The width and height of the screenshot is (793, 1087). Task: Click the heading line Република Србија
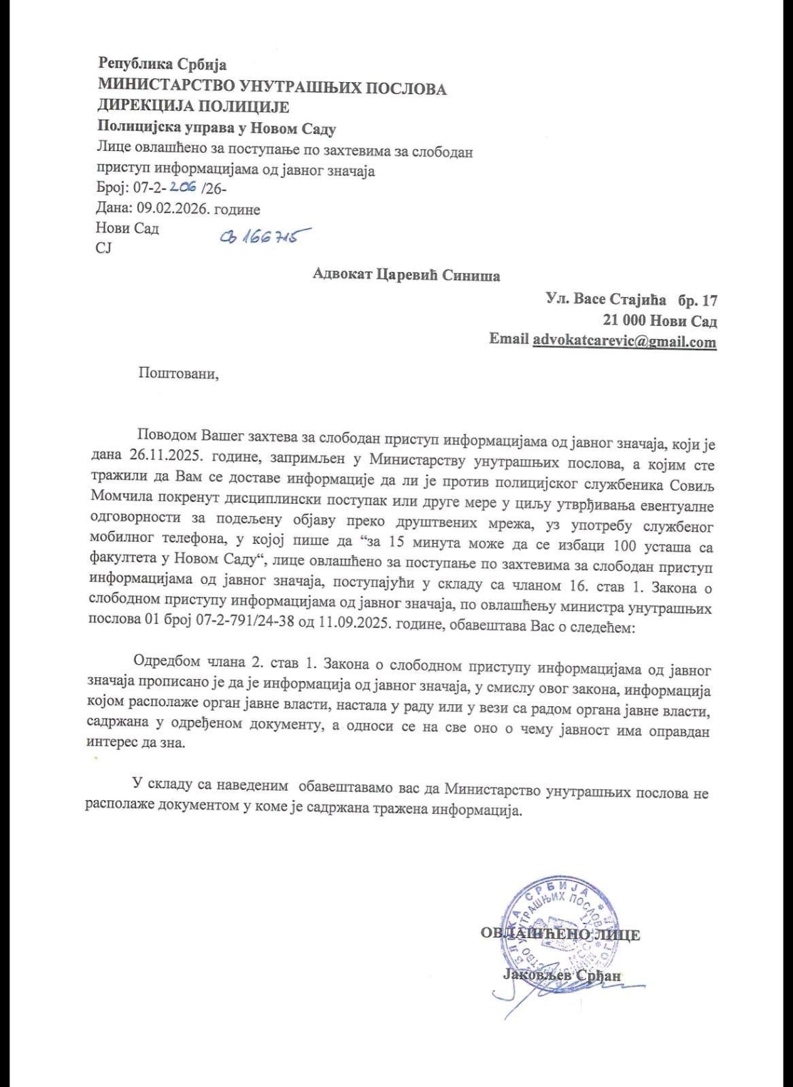[x=163, y=65]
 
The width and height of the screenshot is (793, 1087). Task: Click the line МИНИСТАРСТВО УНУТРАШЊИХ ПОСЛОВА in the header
[x=272, y=88]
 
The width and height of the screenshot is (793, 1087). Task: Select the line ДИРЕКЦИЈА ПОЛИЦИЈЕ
[x=194, y=107]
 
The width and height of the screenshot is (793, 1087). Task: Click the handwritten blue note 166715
[x=261, y=237]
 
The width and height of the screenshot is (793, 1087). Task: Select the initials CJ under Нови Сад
[x=103, y=248]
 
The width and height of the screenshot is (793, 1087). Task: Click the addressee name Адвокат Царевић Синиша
[x=406, y=275]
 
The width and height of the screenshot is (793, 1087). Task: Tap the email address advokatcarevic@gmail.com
[x=624, y=341]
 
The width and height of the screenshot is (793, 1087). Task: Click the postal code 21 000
[x=624, y=320]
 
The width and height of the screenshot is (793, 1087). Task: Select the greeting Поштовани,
[x=178, y=373]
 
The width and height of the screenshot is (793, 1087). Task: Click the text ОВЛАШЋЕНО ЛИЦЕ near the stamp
[x=560, y=934]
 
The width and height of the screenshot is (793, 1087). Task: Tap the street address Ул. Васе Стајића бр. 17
[x=631, y=299]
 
